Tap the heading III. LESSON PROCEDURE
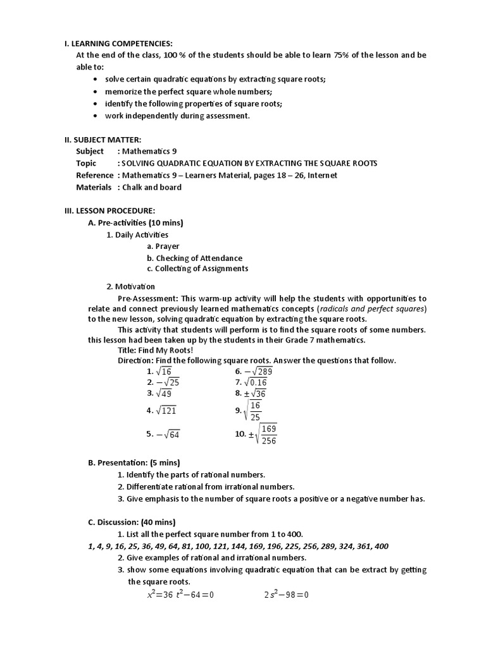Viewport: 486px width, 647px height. point(109,210)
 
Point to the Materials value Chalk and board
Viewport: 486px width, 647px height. point(152,187)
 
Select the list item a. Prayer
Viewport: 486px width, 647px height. point(163,246)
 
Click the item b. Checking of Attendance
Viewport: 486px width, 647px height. point(194,258)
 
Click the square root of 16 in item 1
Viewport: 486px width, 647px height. point(163,372)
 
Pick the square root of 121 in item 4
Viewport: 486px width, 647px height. point(166,411)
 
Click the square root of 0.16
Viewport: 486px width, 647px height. point(256,382)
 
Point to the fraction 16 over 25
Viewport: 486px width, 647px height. point(254,411)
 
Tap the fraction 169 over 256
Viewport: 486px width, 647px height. point(268,434)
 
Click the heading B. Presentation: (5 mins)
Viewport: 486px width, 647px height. point(134,463)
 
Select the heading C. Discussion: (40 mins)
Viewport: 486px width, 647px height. point(132,522)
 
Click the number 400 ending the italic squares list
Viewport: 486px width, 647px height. point(381,546)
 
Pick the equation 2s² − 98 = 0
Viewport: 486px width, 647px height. point(286,595)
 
